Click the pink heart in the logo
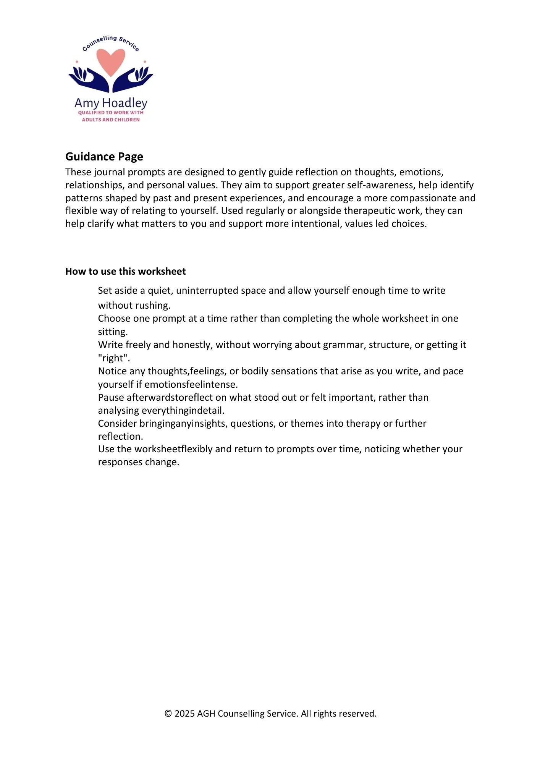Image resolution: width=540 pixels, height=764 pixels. click(111, 61)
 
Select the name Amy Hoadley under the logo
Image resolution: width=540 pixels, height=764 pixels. click(111, 103)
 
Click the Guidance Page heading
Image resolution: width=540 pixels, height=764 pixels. click(104, 157)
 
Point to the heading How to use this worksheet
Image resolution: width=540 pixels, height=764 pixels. click(125, 271)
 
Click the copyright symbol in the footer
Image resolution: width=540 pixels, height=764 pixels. click(168, 714)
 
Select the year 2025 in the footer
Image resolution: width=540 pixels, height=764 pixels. click(184, 714)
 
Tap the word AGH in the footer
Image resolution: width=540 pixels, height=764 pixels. click(206, 714)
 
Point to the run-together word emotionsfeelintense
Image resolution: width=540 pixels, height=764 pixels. click(191, 384)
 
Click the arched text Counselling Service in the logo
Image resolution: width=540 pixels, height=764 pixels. click(111, 42)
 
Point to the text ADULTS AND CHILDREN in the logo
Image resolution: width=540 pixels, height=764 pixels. click(111, 120)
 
